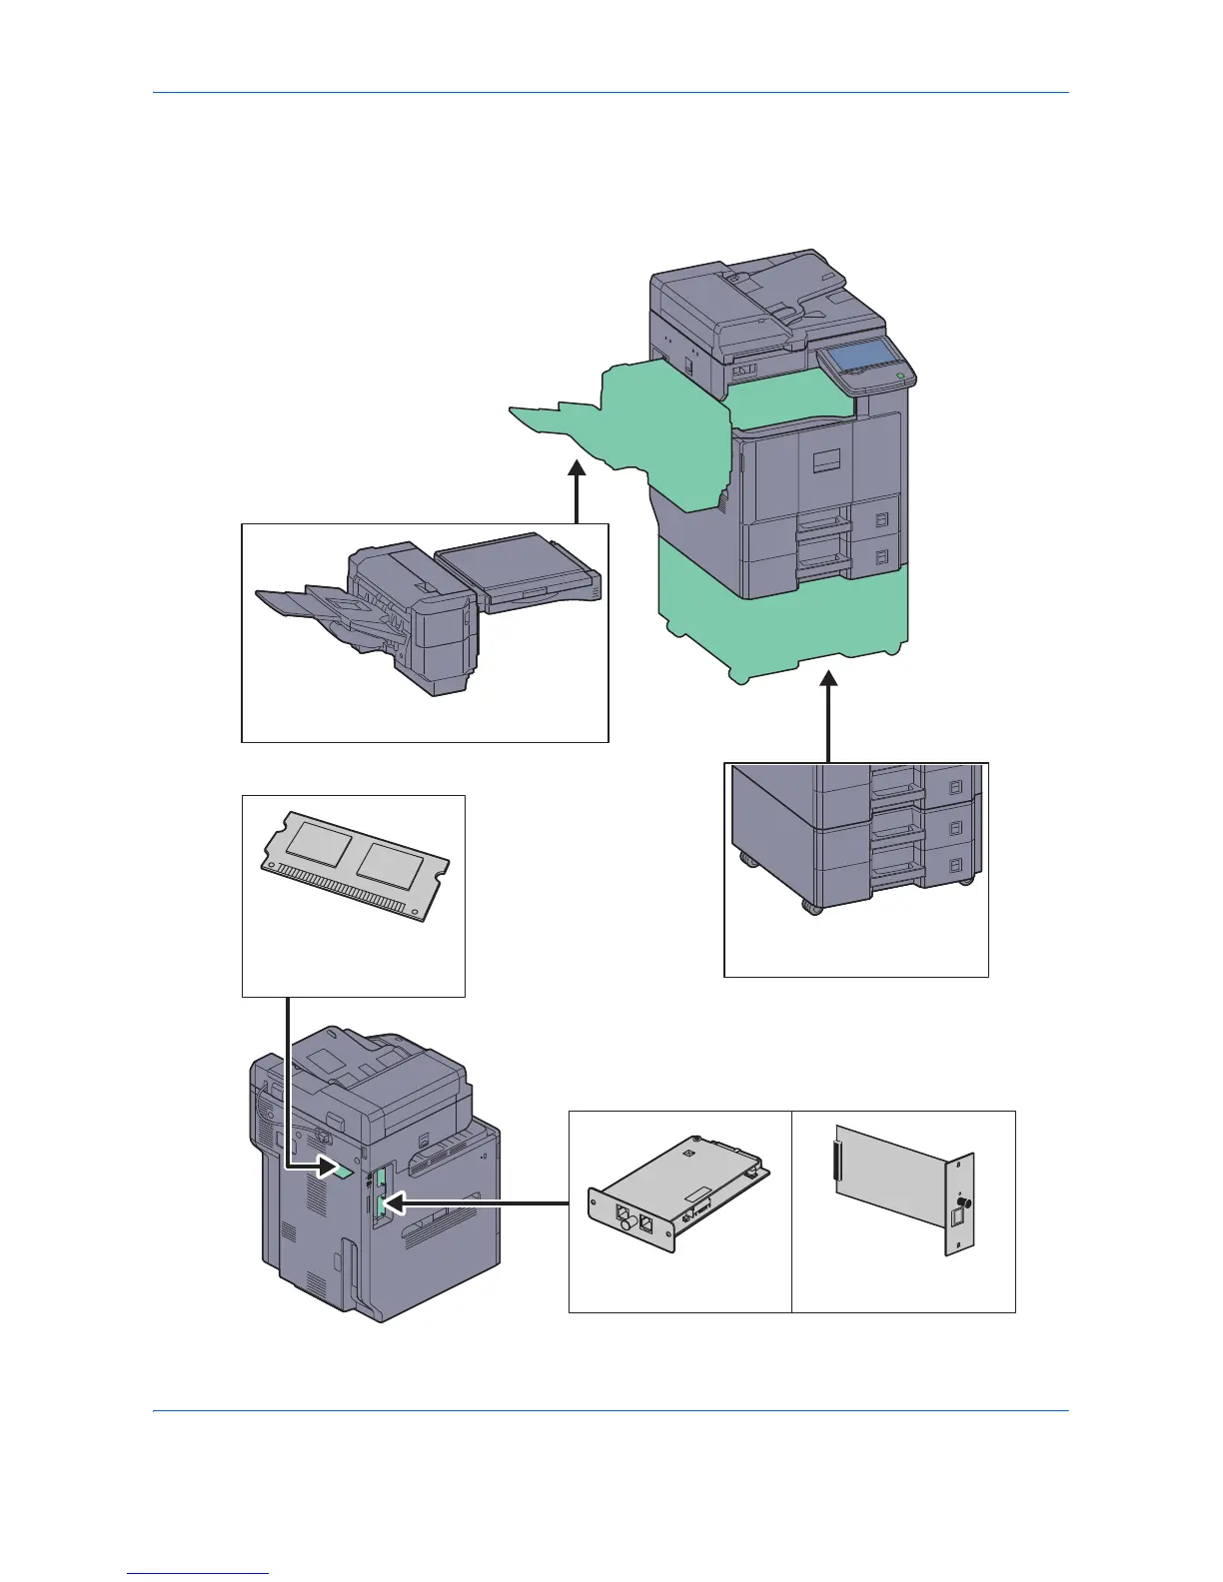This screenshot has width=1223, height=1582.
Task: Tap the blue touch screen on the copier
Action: [x=857, y=356]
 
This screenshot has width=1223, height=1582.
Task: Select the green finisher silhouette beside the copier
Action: [x=639, y=429]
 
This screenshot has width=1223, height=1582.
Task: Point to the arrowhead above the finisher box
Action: [x=577, y=469]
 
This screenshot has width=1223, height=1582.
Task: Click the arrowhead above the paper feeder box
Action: [x=828, y=681]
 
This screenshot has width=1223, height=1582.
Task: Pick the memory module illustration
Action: [x=355, y=865]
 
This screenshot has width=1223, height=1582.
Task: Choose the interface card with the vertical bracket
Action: [x=904, y=1203]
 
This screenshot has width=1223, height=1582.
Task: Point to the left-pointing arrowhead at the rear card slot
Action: [x=392, y=1204]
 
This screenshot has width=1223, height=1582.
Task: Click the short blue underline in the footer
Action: [x=198, y=1573]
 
